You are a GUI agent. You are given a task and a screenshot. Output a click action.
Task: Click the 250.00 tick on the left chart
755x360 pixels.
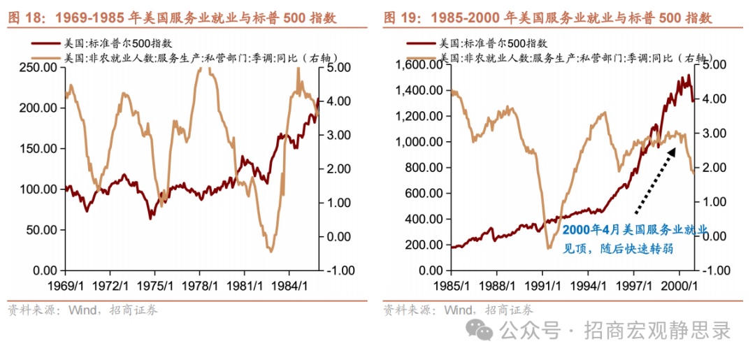coord(39,68)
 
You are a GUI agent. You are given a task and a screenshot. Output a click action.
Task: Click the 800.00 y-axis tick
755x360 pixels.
coord(422,167)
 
